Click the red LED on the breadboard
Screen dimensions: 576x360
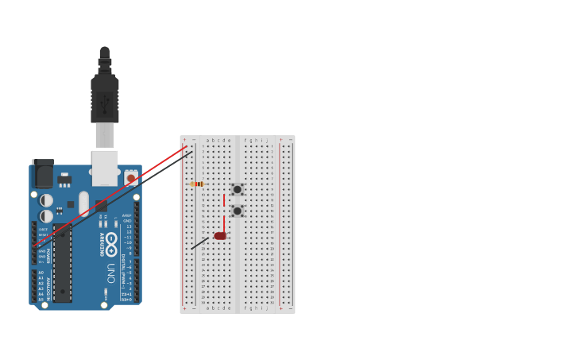220,236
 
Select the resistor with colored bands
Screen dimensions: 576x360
198,184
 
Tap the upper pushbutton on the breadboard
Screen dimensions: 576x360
237,189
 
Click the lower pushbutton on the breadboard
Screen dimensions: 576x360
237,211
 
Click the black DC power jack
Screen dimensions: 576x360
43,173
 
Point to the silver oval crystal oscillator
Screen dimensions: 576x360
83,203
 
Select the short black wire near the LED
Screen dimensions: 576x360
200,243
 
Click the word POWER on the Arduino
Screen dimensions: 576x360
48,255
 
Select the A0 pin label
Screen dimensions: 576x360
41,273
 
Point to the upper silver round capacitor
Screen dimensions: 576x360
47,200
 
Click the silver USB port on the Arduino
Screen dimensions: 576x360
105,168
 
